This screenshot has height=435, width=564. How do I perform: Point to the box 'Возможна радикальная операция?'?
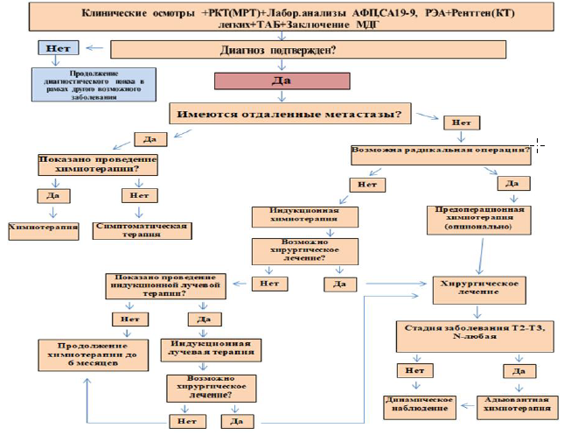441,150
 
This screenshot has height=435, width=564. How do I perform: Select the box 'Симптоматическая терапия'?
139,230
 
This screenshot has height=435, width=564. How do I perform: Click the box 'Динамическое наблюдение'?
418,403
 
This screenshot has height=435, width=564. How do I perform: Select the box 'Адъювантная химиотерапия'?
519,403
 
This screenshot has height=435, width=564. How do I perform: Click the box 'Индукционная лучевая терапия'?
211,347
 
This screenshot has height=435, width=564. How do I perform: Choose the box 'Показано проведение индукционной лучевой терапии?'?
165,284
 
